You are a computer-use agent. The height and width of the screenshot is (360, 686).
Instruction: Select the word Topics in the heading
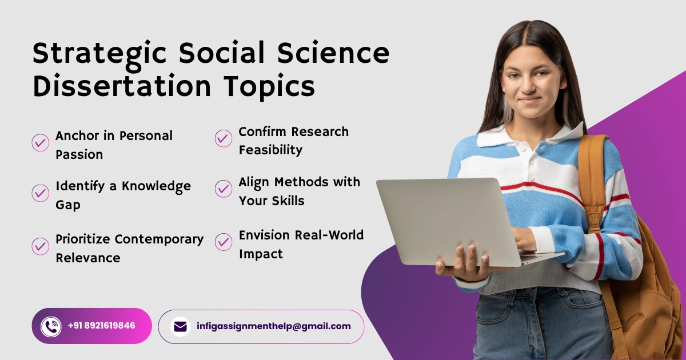pyautogui.click(x=269, y=87)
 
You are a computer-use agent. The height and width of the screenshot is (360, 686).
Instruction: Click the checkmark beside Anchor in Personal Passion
pyautogui.click(x=41, y=142)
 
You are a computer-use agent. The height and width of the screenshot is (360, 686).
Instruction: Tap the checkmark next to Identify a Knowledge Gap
pyautogui.click(x=41, y=193)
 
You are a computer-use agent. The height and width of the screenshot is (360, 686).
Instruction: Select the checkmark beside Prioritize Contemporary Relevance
pyautogui.click(x=41, y=246)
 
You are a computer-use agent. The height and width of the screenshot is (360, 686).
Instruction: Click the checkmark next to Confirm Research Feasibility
pyautogui.click(x=224, y=138)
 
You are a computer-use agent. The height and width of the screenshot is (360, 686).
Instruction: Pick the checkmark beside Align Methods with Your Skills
pyautogui.click(x=224, y=189)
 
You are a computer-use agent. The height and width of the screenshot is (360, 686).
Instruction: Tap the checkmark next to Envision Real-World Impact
pyautogui.click(x=224, y=242)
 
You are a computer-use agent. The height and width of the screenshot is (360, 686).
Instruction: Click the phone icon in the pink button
pyautogui.click(x=51, y=327)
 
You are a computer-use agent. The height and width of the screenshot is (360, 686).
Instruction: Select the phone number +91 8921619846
pyautogui.click(x=101, y=325)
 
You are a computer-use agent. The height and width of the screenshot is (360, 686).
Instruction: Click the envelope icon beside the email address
pyautogui.click(x=181, y=327)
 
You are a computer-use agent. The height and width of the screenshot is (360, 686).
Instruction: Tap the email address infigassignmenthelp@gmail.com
pyautogui.click(x=274, y=327)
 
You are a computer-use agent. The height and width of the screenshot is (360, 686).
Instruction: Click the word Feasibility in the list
pyautogui.click(x=270, y=150)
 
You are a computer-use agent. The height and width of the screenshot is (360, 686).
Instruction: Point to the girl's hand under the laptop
pyautogui.click(x=463, y=263)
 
